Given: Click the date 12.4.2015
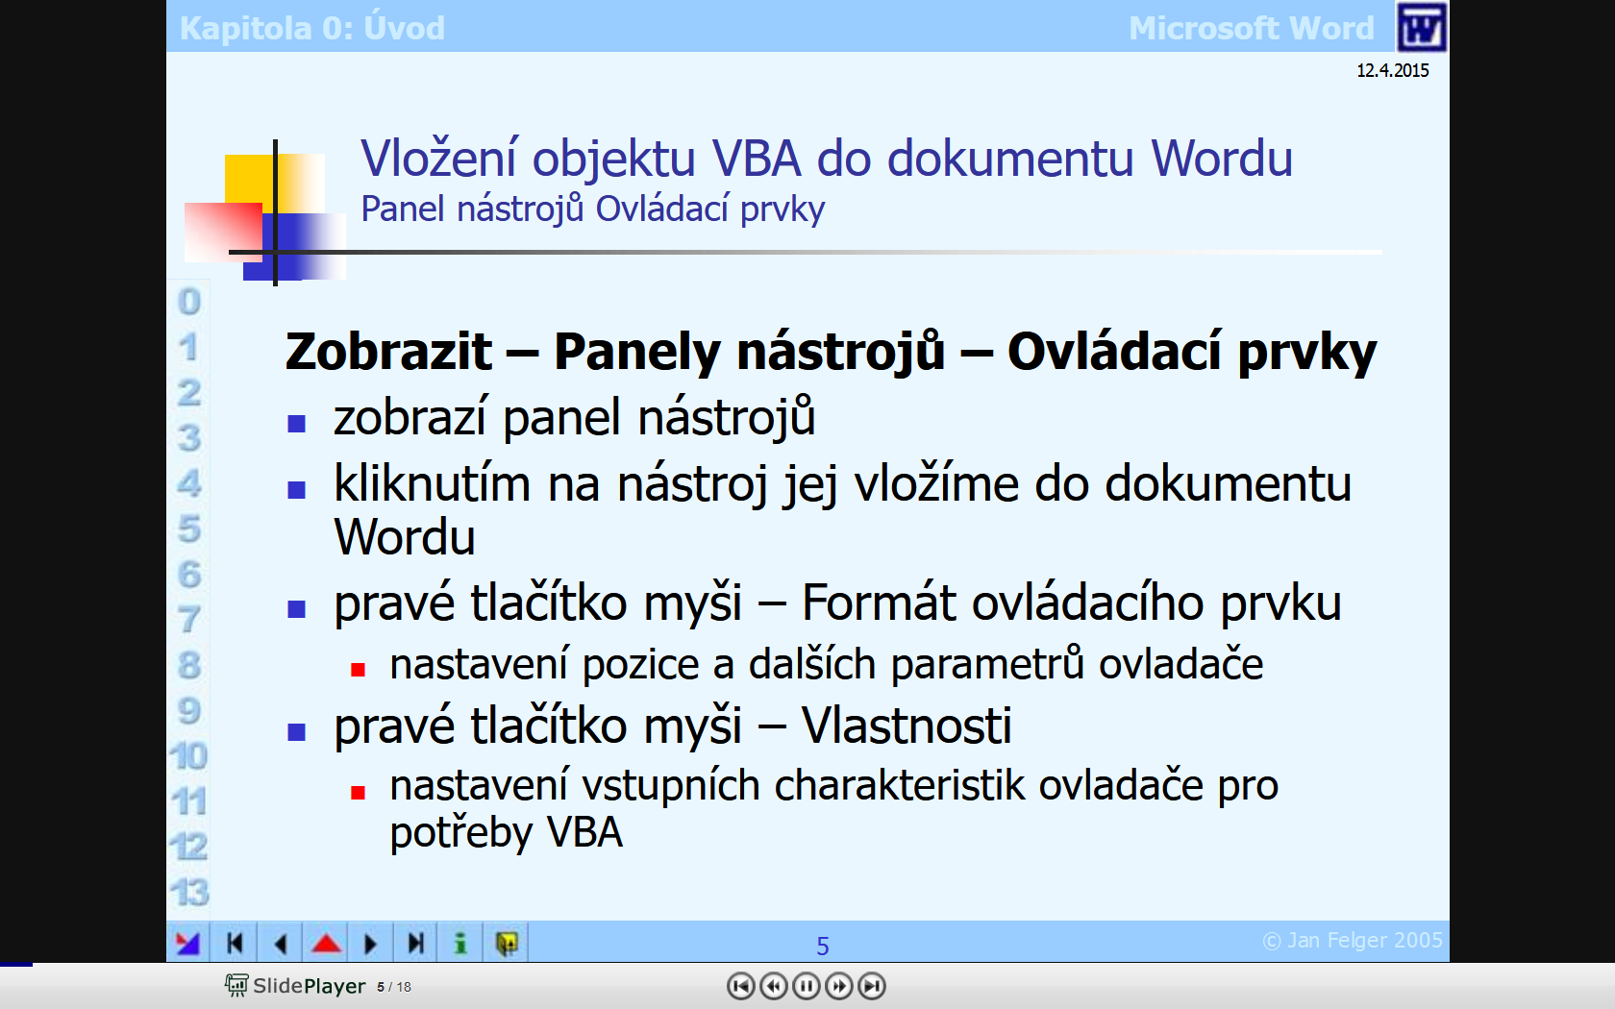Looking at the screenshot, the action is [x=1392, y=70].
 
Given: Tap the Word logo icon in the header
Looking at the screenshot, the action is [x=1421, y=27].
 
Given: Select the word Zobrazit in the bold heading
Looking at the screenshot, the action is [x=388, y=352].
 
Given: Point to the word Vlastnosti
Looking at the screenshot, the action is [x=907, y=725].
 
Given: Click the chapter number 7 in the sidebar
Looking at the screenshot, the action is [x=188, y=619].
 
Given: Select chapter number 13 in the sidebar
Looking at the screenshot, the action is [x=188, y=892].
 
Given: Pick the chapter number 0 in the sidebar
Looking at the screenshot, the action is [x=188, y=302].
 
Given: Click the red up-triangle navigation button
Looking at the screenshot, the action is [x=326, y=943].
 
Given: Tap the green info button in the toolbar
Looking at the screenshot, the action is [x=460, y=943].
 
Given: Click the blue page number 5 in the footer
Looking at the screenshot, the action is [x=823, y=946].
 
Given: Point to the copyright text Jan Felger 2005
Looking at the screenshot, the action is [x=1353, y=940].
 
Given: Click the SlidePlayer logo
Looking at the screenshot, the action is [x=295, y=985].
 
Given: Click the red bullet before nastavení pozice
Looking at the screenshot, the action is [x=358, y=671].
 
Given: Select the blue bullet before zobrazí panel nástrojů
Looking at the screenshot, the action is [x=296, y=423].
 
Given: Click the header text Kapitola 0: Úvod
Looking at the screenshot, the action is [x=312, y=28].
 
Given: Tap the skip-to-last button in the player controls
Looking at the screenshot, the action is [x=872, y=985].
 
